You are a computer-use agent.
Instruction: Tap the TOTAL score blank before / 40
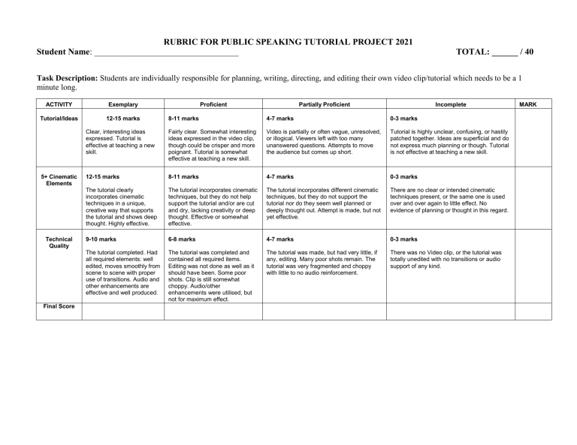pos(505,53)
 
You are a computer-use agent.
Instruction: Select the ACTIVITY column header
pos(59,104)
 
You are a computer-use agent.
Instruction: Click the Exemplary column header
pos(122,104)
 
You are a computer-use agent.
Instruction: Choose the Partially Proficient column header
pos(324,104)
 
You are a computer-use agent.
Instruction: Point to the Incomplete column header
pos(450,104)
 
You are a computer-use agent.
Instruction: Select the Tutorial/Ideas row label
pos(59,119)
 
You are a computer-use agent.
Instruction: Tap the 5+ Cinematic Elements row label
pos(59,180)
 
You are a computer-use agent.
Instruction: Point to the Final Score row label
pos(59,306)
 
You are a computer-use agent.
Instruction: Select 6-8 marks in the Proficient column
pos(183,239)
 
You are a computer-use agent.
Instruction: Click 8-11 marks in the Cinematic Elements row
pos(183,177)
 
